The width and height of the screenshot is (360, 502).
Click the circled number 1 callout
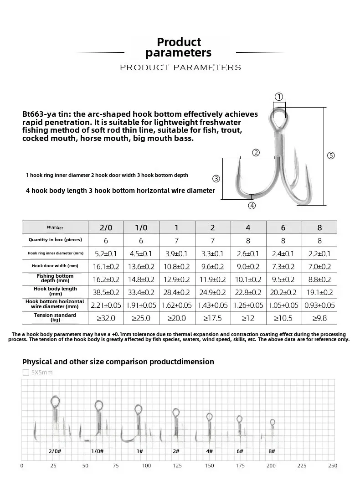pos(278,97)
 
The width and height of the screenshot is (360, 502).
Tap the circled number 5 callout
pos(331,155)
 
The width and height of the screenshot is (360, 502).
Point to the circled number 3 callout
pos(216,178)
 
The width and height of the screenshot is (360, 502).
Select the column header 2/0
pos(105,227)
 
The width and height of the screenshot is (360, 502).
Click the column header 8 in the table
pos(319,227)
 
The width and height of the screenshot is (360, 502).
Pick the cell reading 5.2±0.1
pos(105,254)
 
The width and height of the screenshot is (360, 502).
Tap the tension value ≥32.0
pos(105,318)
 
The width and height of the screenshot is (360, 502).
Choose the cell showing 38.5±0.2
pos(105,292)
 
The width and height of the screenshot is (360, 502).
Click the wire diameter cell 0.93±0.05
pos(319,305)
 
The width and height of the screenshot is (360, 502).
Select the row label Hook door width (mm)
pos(55,266)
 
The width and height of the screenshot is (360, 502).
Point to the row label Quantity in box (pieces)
pos(55,240)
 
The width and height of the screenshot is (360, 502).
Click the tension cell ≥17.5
pos(212,318)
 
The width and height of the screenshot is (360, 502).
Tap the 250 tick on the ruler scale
pos(333,466)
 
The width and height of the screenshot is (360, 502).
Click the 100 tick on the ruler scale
pos(146,466)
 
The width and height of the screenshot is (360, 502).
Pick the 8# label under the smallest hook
pos(272,451)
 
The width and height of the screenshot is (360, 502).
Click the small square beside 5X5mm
pos(26,373)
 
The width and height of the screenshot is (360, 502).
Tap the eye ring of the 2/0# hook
pos(55,402)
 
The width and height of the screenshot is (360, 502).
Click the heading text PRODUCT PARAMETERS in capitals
pos(180,67)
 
